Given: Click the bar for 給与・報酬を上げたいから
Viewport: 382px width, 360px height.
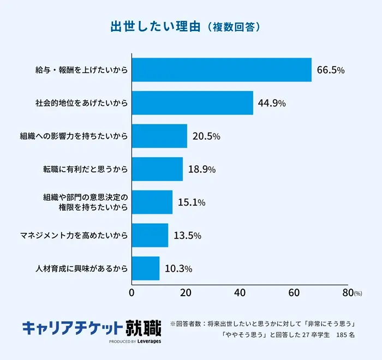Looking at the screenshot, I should pyautogui.click(x=222, y=70).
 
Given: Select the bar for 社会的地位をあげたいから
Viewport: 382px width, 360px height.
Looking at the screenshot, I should pyautogui.click(x=193, y=103).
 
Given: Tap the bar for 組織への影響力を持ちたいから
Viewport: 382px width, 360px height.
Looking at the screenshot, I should pyautogui.click(x=159, y=136).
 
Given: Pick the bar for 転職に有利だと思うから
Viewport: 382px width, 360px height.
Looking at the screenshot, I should pyautogui.click(x=157, y=169).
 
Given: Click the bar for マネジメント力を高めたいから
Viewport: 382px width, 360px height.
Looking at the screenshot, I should pyautogui.click(x=150, y=236).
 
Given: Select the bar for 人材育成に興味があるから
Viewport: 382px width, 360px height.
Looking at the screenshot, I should pyautogui.click(x=146, y=268).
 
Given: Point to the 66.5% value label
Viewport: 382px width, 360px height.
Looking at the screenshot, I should pyautogui.click(x=331, y=70).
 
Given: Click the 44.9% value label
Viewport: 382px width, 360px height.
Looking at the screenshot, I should pyautogui.click(x=272, y=103).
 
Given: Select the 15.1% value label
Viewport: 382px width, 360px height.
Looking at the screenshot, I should pyautogui.click(x=191, y=202).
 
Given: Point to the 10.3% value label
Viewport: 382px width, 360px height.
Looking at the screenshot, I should pyautogui.click(x=178, y=268).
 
